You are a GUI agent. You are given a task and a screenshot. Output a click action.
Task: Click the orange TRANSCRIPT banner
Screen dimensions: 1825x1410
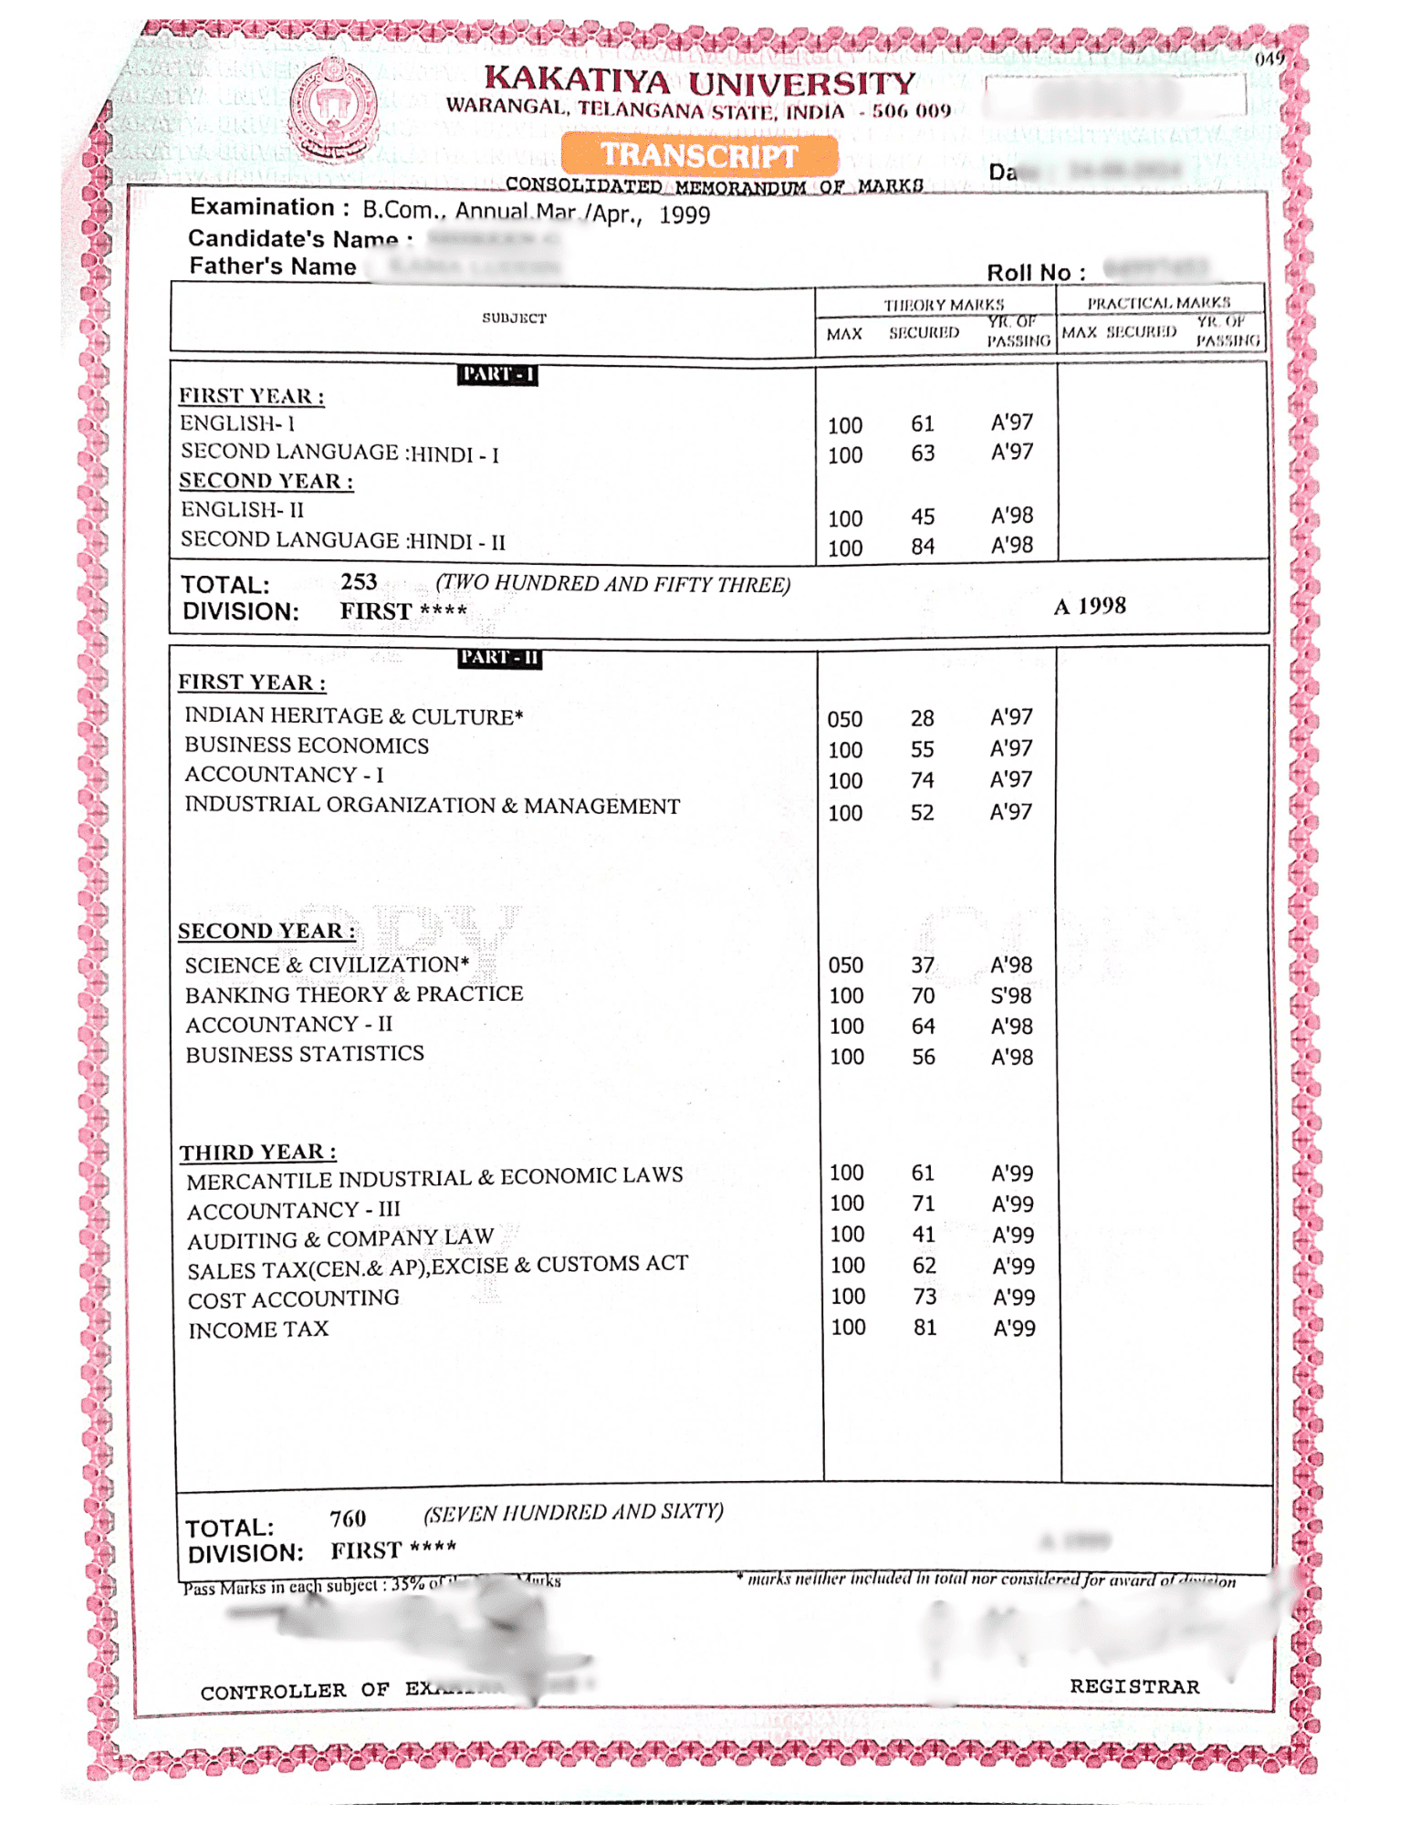point(699,155)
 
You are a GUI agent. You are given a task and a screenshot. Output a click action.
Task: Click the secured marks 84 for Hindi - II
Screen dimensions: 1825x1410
point(922,547)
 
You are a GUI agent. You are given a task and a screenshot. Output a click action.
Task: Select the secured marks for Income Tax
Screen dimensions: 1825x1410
point(924,1328)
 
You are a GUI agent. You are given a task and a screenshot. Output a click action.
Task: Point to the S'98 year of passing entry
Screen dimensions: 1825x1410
point(1010,996)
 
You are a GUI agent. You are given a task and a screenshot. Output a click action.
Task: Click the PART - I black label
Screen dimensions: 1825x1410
point(496,374)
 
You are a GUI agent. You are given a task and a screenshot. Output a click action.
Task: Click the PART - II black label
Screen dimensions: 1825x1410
point(499,658)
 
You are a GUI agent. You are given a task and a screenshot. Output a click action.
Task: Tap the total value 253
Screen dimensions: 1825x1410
point(359,582)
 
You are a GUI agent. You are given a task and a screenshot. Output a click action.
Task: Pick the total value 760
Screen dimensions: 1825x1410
point(348,1519)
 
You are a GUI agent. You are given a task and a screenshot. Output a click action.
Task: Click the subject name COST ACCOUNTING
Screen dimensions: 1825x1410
point(293,1299)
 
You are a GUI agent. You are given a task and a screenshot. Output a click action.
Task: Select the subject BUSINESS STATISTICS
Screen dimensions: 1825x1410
point(305,1054)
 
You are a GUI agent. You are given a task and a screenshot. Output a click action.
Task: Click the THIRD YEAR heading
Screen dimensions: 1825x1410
point(257,1152)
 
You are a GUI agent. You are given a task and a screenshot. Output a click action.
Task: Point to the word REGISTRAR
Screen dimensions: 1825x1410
point(1133,1686)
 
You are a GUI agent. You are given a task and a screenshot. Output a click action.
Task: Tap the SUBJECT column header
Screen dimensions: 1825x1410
point(514,318)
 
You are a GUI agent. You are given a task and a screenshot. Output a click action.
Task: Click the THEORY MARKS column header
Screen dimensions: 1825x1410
point(943,304)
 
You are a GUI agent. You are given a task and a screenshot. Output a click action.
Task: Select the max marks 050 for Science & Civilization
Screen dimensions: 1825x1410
point(845,965)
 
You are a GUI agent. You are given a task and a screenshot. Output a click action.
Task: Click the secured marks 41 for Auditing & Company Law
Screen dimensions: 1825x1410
point(924,1235)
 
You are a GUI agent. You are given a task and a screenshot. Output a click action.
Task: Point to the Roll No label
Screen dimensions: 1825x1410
point(1035,273)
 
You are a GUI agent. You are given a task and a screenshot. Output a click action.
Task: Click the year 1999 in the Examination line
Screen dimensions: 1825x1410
point(684,215)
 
